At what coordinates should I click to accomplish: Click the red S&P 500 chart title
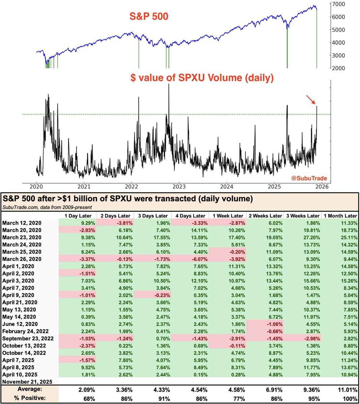click(149, 16)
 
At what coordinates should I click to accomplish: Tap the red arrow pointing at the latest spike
click(312, 100)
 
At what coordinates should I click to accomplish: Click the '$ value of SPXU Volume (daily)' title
click(202, 78)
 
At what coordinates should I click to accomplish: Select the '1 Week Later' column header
click(228, 216)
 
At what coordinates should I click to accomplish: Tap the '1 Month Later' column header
click(340, 216)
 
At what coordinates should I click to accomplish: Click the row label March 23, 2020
click(22, 237)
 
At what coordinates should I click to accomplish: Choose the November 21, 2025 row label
click(27, 382)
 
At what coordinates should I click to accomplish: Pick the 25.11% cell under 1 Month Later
click(348, 237)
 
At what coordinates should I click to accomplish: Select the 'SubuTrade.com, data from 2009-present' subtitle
click(47, 207)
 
